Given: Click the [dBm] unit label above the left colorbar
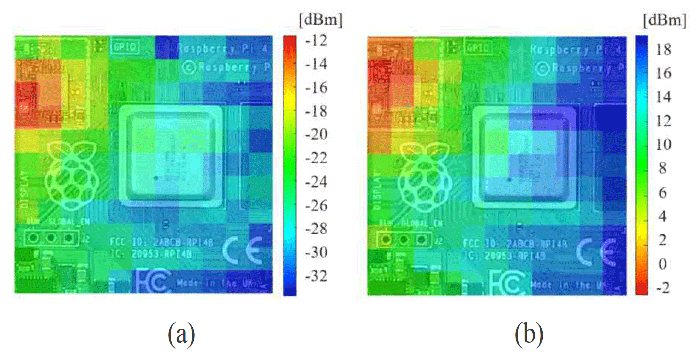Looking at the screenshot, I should coord(320,21).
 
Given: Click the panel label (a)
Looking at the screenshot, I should coord(181,334).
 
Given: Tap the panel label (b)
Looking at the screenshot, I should coord(530,334).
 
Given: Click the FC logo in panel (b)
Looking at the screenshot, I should coord(507,284).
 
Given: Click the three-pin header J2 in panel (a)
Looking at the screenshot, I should coord(50,238).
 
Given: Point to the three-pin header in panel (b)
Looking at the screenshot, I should coord(403,240).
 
